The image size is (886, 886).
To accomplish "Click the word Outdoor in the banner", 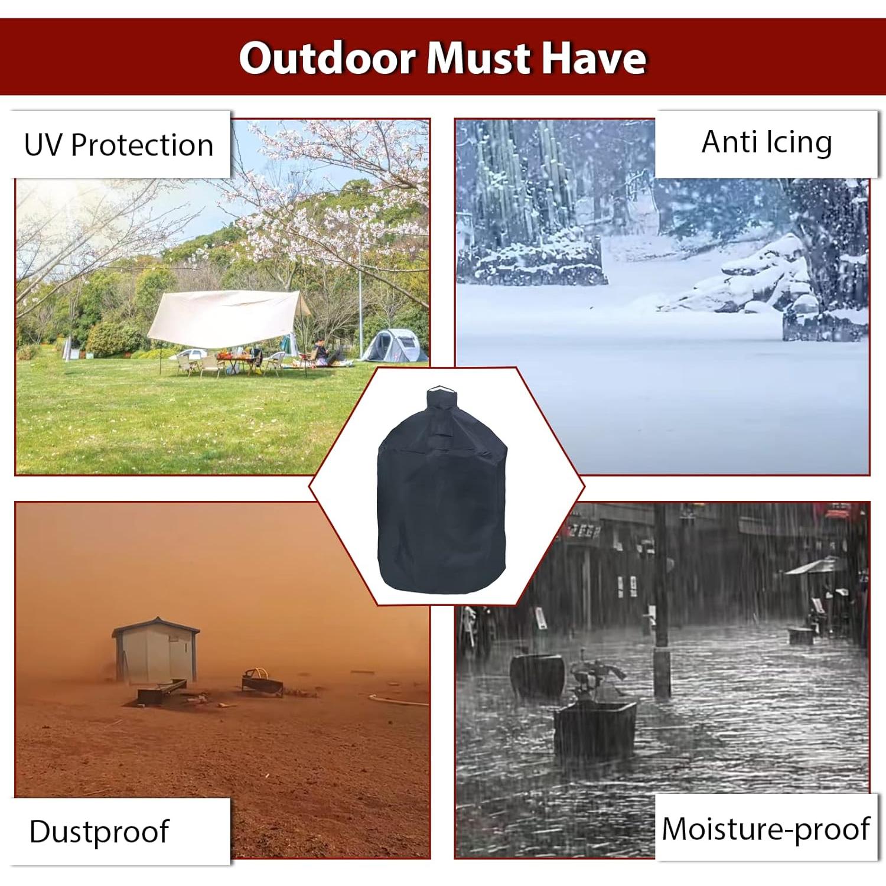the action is coord(327,58).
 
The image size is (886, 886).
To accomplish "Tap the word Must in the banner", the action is coord(478,58).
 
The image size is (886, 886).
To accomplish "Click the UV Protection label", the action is coord(119,145).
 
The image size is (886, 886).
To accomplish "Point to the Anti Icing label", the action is coord(767,142).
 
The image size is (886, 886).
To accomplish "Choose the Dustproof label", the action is coord(99,832).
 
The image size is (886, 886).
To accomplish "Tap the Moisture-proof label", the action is coord(766,828).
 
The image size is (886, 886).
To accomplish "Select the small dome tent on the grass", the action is coord(394,346).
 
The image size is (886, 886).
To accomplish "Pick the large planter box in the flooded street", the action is coord(595,729).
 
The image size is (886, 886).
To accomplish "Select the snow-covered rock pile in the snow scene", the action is coord(762,278).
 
